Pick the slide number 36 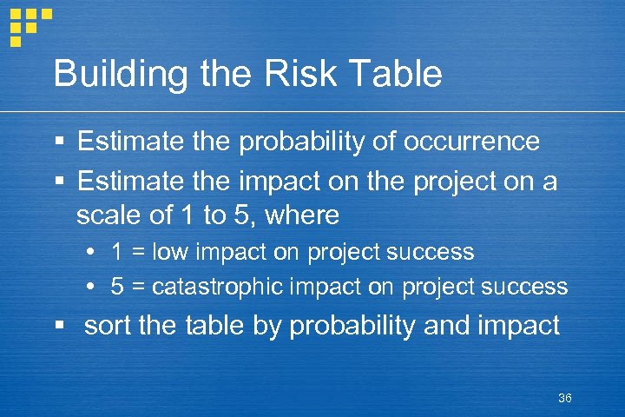pos(565,398)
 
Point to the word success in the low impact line pos(431,253)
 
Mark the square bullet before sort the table pos(59,327)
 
